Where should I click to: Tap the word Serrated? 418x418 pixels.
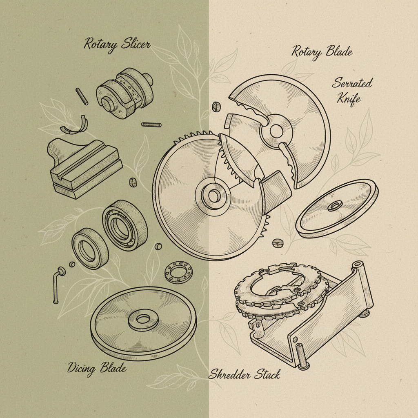[x=352, y=83]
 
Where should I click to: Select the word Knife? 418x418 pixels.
[x=349, y=98]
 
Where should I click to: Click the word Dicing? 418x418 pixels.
[x=82, y=368]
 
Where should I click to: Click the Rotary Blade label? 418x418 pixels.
[x=322, y=52]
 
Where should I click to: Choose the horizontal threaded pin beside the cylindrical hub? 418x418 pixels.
[x=151, y=124]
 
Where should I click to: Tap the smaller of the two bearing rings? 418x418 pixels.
[x=90, y=248]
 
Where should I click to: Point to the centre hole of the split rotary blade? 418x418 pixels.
[x=276, y=131]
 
